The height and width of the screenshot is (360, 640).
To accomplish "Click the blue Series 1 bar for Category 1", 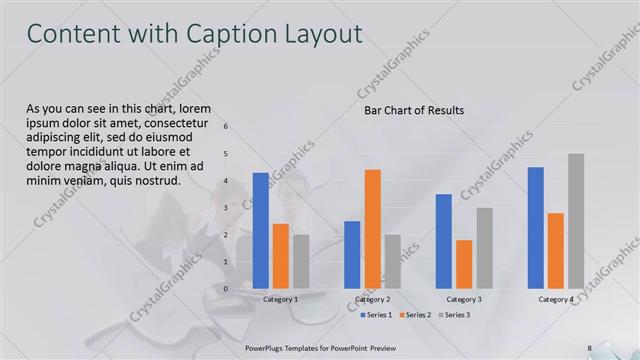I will point(260,230).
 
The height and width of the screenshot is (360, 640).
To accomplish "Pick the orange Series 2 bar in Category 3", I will point(464,264).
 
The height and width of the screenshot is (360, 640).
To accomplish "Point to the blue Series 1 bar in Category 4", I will point(536,227).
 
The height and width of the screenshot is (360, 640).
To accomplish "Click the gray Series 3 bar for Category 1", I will point(301,261).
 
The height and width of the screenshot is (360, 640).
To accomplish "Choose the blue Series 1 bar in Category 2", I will point(352,254).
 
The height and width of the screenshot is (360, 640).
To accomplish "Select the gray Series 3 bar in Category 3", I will point(484,248).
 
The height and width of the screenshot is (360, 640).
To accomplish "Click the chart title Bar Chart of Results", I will point(413,111).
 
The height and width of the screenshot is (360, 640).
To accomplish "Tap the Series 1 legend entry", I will point(375,315).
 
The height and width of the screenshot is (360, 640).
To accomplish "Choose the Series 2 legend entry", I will point(414,315).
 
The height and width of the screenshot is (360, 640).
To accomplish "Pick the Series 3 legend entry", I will point(453,315).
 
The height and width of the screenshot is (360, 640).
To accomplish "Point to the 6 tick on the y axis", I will point(227,127).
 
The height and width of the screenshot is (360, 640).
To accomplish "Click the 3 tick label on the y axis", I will point(227,208).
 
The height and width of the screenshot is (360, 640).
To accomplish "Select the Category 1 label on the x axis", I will point(281,299).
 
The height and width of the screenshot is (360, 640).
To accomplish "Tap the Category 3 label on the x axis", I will point(464,299).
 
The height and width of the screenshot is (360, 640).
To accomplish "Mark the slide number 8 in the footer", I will point(589,348).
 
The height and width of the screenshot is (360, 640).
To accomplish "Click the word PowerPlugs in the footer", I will point(265,348).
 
